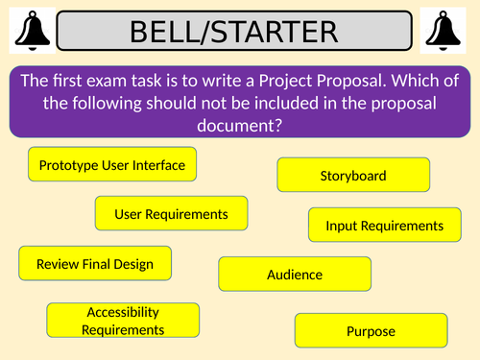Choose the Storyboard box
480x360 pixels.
[352, 176]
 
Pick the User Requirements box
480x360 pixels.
[171, 213]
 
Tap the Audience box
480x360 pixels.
[294, 275]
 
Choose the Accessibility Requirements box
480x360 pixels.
[123, 321]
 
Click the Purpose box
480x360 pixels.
[370, 331]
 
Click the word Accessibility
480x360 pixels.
[123, 312]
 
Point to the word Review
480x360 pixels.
[57, 263]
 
